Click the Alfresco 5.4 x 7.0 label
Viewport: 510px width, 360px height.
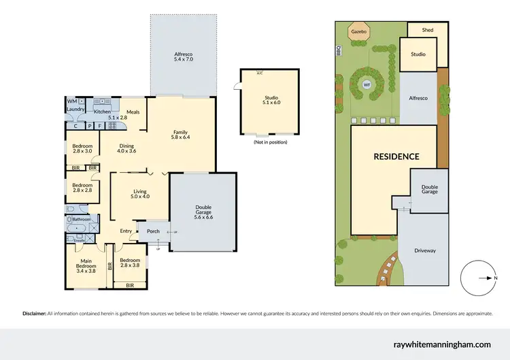coord(184,56)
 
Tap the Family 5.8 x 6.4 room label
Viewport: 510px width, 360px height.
coord(180,135)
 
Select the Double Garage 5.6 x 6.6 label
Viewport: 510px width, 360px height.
coord(203,213)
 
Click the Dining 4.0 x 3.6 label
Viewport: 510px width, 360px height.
coord(126,148)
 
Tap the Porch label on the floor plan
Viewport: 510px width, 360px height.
coord(153,231)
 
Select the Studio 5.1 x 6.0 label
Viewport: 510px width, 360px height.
coord(271,101)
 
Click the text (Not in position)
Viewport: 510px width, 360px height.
coord(270,142)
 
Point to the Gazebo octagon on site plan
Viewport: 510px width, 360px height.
coord(358,32)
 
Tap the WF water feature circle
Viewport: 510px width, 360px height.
coord(367,85)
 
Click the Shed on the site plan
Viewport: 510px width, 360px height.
coord(428,30)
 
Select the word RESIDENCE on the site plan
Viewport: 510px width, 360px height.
coord(396,156)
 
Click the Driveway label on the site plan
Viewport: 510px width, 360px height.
coord(425,250)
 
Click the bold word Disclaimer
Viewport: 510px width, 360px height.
coord(34,314)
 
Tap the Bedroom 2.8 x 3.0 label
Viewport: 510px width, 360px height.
coord(82,148)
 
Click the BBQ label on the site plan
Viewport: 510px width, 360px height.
coord(338,51)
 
